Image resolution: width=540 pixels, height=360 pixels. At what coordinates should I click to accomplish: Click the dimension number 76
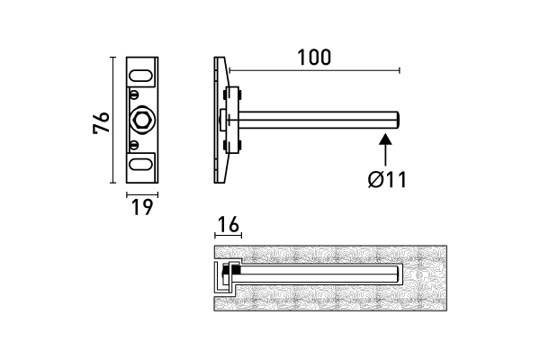click(x=102, y=122)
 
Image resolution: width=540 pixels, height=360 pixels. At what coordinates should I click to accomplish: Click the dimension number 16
click(x=228, y=224)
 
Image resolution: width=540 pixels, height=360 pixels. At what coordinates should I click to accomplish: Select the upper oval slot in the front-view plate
click(x=141, y=74)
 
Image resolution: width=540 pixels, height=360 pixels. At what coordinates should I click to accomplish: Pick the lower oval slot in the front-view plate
click(x=141, y=164)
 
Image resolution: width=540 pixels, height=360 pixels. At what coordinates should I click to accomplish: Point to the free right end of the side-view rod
click(x=397, y=119)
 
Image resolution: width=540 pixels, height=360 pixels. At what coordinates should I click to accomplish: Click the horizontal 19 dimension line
click(x=141, y=192)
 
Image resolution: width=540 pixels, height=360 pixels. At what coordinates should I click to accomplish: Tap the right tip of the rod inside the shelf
click(x=397, y=272)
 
